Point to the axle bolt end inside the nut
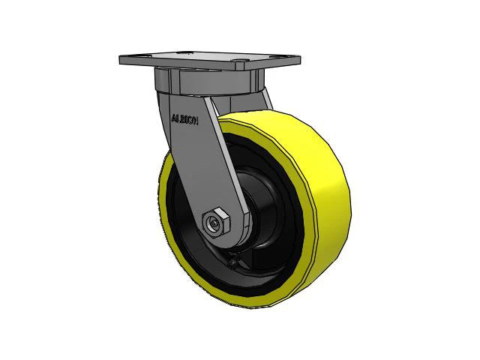215,223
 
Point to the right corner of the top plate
299,61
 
